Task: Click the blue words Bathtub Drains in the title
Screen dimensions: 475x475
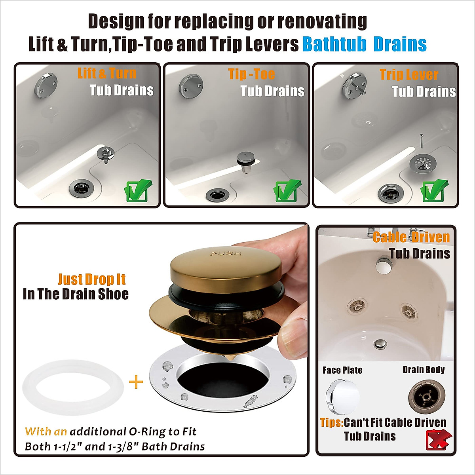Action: pos(364,44)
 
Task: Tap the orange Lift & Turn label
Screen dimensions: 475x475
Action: pos(107,73)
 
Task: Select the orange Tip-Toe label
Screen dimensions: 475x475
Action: pos(251,74)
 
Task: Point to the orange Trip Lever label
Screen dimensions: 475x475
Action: pos(409,74)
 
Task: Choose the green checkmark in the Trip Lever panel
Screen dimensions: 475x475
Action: pos(434,191)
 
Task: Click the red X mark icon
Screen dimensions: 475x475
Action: pos(438,439)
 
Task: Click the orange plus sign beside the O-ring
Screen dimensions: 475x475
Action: pos(136,382)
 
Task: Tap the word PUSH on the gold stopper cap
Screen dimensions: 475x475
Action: pos(226,253)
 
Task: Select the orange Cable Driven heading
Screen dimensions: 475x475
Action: pos(411,237)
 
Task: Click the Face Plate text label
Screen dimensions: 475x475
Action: pos(342,370)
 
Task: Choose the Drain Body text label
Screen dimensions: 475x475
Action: pos(424,370)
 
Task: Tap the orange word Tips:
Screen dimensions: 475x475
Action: pos(332,422)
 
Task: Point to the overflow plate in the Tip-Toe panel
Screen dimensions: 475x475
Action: pos(191,85)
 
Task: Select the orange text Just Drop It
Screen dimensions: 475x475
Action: pos(91,279)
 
